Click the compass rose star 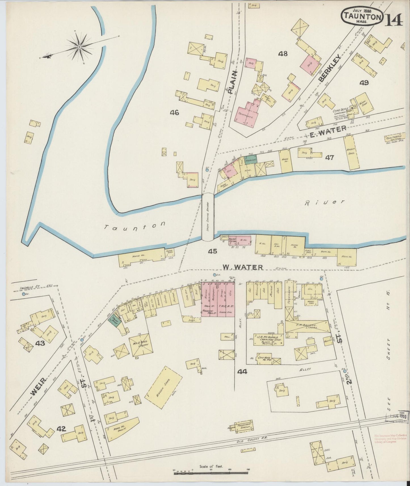[x=80, y=47]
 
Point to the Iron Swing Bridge [x=208, y=217]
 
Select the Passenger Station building [x=244, y=426]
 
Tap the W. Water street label [x=243, y=267]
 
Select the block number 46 [x=174, y=113]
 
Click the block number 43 [x=40, y=343]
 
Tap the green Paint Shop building [x=115, y=320]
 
